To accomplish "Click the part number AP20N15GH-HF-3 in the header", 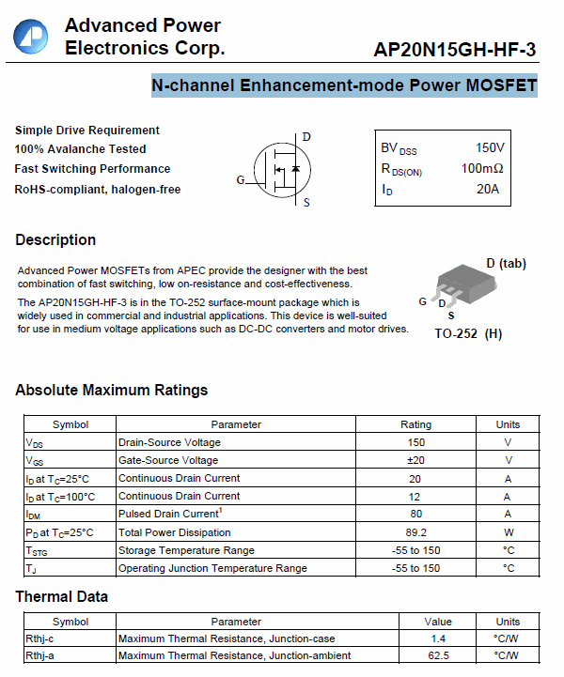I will coord(455,49).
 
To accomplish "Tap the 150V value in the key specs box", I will coord(490,147).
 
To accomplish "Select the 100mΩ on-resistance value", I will coord(482,168).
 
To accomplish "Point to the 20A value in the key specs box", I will coord(488,189).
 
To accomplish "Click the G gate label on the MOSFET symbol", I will coord(241,179).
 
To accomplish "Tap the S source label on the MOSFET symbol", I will coord(306,202).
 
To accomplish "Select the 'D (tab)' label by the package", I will coord(506,263).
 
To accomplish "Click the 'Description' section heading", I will coord(55,239).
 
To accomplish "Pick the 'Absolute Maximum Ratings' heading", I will coord(111,390).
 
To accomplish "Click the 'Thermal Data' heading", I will coord(61,596).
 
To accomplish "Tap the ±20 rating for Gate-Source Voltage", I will coord(415,460).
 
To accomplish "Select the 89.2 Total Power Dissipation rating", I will coord(415,532).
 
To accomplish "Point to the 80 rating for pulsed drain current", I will coord(415,514).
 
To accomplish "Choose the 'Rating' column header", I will coord(415,424).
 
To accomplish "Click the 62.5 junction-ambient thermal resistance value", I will coord(438,655).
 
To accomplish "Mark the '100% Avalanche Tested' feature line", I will coord(80,148).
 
